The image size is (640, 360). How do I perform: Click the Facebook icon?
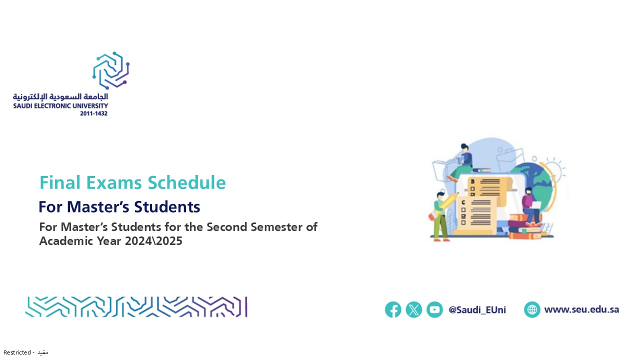point(393,309)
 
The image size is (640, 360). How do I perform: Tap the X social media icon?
point(413,309)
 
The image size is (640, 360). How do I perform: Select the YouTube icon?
point(434,309)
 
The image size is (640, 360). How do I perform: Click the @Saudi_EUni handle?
point(477,310)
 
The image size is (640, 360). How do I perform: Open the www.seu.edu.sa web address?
point(581,309)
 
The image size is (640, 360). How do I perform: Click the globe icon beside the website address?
point(532,309)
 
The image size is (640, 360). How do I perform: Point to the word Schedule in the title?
point(186,182)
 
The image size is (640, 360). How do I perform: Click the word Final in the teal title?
point(60,182)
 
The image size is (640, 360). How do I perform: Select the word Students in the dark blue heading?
point(167,206)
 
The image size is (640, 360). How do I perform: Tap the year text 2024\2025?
point(153,241)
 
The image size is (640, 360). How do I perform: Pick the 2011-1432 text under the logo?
point(93,113)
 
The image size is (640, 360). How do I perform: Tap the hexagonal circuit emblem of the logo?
point(111,70)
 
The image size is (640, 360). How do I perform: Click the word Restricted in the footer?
point(17,352)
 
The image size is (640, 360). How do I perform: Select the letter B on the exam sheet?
point(472,181)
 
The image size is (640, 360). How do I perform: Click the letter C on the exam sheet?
point(463,202)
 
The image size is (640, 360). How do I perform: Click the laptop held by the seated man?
point(535,205)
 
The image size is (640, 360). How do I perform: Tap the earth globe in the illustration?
point(537,185)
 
